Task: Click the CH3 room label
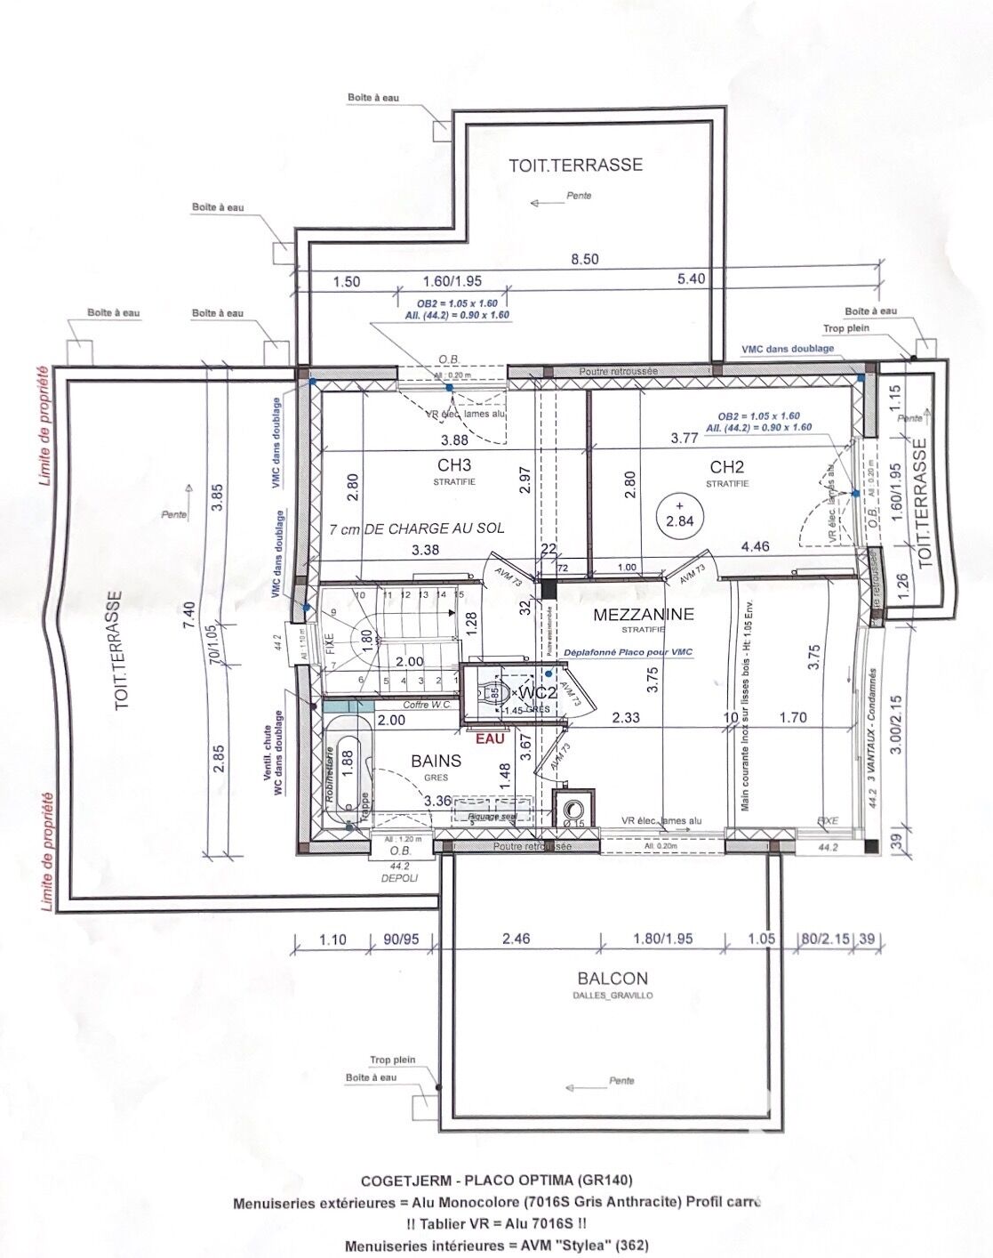pyautogui.click(x=453, y=464)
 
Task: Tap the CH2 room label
pyautogui.click(x=726, y=465)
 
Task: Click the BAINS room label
pyautogui.click(x=436, y=761)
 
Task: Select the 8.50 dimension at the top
pyautogui.click(x=585, y=260)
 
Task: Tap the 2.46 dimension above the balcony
pyautogui.click(x=515, y=938)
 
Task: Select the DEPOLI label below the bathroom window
pyautogui.click(x=399, y=877)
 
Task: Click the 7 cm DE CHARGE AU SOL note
pyautogui.click(x=416, y=528)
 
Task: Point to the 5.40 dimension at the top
pyautogui.click(x=691, y=279)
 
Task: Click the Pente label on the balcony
pyautogui.click(x=621, y=1081)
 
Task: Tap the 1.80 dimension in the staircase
pyautogui.click(x=363, y=637)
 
